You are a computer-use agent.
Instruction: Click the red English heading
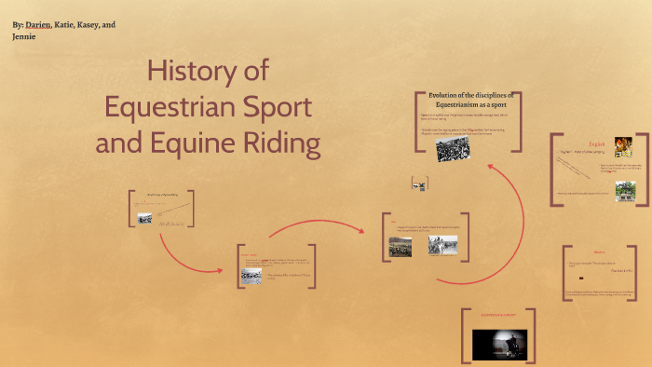pyautogui.click(x=597, y=144)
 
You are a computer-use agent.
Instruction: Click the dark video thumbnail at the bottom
pyautogui.click(x=499, y=345)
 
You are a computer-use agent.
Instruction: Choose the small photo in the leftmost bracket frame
pyautogui.click(x=145, y=218)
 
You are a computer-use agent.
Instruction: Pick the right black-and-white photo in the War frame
pyautogui.click(x=442, y=245)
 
